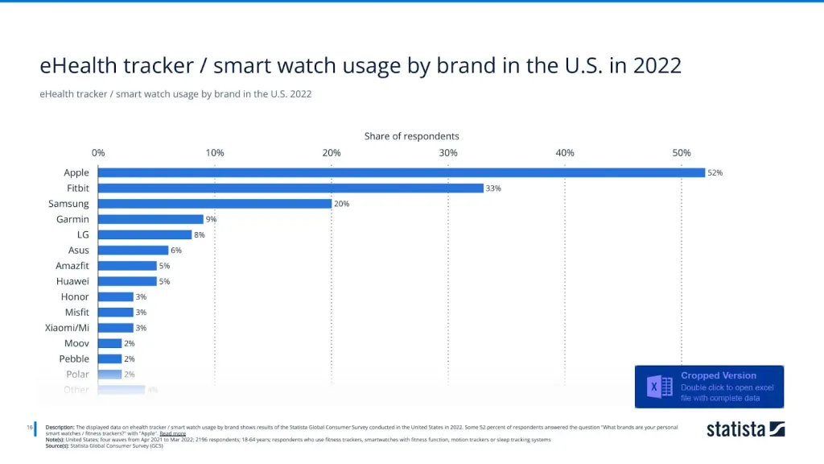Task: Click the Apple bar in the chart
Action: (401, 172)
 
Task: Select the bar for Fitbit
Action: (290, 188)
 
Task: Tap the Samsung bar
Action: (215, 204)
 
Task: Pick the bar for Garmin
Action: (150, 219)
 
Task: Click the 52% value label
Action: (715, 172)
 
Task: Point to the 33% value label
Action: (493, 188)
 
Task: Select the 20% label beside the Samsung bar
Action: (341, 204)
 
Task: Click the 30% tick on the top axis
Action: (448, 153)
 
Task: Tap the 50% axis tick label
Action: (682, 153)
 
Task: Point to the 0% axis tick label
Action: (98, 153)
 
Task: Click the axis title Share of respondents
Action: (412, 136)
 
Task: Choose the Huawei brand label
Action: (72, 281)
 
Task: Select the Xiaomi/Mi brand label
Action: (68, 328)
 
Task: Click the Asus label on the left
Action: (78, 251)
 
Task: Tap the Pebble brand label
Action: (74, 358)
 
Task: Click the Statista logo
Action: (745, 429)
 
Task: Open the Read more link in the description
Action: (172, 433)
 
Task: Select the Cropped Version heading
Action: (719, 375)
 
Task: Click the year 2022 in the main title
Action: (657, 65)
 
